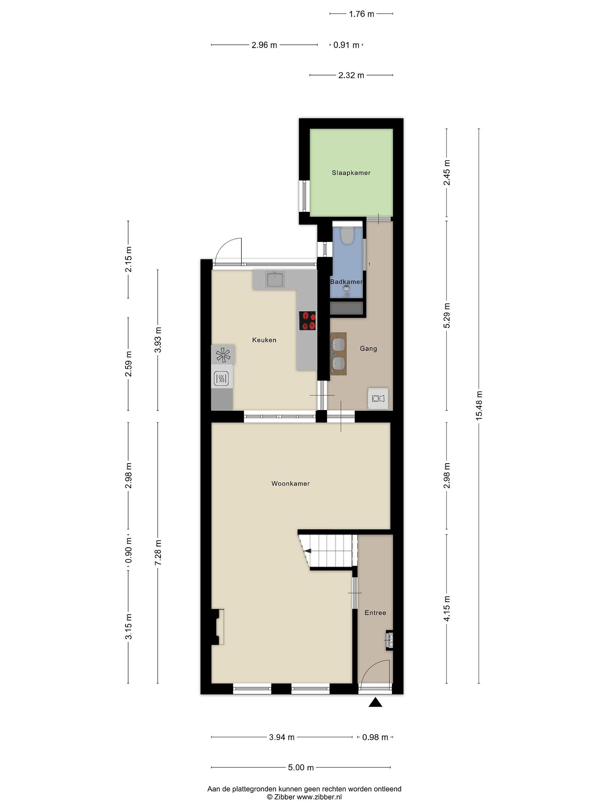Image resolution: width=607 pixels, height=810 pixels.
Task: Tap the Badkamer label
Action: click(x=346, y=282)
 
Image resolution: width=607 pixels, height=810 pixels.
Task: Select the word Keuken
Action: click(x=264, y=340)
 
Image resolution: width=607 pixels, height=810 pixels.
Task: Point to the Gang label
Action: click(x=368, y=348)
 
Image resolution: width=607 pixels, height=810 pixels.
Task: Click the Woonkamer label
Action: click(x=291, y=483)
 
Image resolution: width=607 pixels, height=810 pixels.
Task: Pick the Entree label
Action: click(x=375, y=613)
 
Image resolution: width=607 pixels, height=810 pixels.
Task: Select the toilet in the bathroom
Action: click(x=346, y=235)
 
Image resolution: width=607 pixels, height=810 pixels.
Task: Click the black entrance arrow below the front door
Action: click(x=375, y=702)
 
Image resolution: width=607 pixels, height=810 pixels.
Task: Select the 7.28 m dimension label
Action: click(x=158, y=553)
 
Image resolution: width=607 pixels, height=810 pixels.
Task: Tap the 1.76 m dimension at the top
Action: click(x=361, y=14)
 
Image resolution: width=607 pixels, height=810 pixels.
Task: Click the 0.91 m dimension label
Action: click(x=346, y=45)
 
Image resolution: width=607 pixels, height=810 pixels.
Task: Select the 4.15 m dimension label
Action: click(x=447, y=608)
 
